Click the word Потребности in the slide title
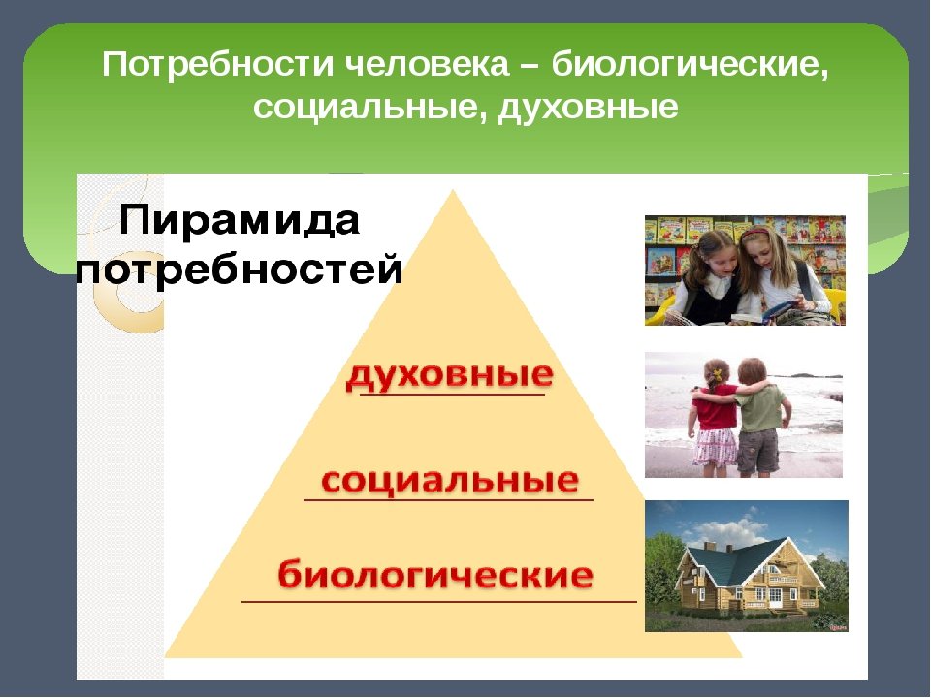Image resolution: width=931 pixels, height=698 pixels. [x=217, y=64]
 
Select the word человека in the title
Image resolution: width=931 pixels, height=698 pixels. [x=427, y=64]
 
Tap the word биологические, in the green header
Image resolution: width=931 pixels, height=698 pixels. [x=690, y=65]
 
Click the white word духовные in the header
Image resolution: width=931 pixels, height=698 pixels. [x=588, y=109]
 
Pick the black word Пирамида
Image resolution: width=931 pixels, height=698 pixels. [x=240, y=221]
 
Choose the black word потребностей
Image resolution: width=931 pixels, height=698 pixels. [x=240, y=270]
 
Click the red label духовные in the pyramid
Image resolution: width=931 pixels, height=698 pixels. [x=450, y=375]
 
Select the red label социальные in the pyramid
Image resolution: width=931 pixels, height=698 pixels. [x=450, y=480]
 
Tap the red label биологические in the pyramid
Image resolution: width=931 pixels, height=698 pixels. [x=435, y=574]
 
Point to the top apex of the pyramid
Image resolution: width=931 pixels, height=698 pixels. [x=453, y=190]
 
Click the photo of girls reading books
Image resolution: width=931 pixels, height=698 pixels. [x=745, y=270]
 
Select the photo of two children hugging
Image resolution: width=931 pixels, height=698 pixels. [x=744, y=415]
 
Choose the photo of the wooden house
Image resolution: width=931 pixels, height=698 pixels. [x=747, y=565]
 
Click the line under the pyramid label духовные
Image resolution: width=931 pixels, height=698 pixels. [x=453, y=394]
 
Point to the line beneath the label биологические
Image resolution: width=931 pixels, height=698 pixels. [x=439, y=601]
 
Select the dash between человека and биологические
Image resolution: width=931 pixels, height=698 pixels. [x=530, y=67]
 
